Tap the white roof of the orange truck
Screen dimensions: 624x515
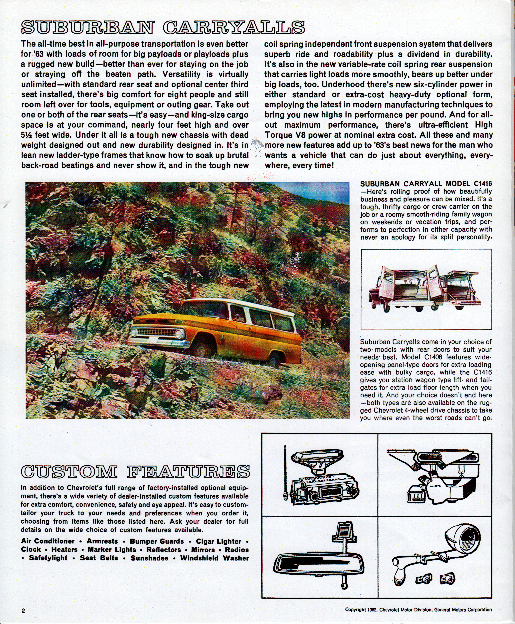point(237,305)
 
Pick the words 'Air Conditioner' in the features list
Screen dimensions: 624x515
point(48,541)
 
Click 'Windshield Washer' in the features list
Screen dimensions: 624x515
point(214,558)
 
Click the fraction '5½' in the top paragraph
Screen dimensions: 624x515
point(27,135)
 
